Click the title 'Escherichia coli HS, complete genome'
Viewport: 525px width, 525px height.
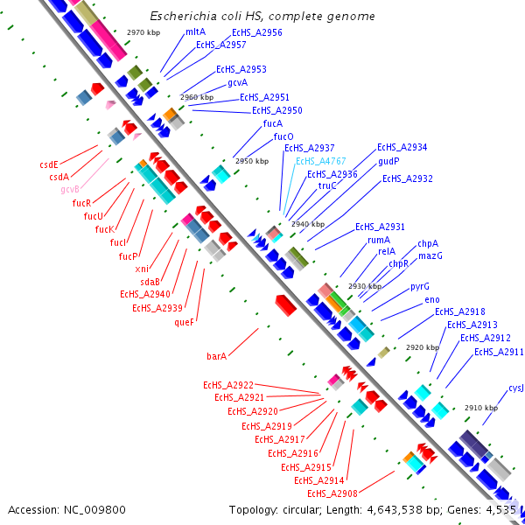tap(262, 16)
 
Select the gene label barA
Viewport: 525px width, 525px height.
tap(217, 356)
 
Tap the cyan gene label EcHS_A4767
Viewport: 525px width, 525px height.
tap(320, 161)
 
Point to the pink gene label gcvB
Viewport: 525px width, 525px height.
tap(71, 189)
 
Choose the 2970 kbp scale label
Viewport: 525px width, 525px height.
tap(143, 31)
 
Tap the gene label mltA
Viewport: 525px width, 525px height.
tap(195, 31)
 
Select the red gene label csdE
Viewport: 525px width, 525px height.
tap(49, 164)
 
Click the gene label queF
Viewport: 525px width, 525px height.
tap(184, 321)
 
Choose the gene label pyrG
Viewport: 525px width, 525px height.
tap(420, 286)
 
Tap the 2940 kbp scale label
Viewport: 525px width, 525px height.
tap(308, 224)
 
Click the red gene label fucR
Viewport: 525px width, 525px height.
tap(82, 203)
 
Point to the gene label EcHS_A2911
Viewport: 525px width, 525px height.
tap(499, 352)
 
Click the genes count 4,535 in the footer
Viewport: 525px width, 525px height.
tap(500, 509)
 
